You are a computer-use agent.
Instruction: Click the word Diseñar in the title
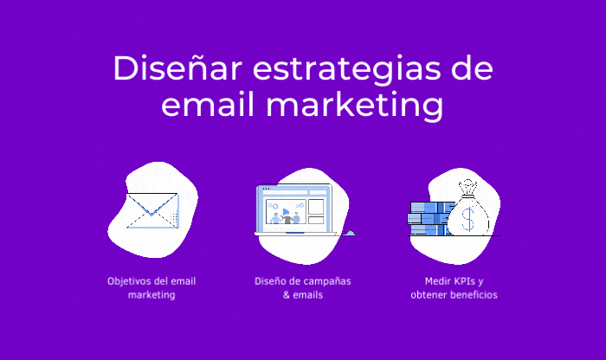(x=164, y=69)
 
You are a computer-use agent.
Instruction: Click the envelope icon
(x=151, y=210)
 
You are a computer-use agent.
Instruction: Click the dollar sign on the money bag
(x=468, y=220)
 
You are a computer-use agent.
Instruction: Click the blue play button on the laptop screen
(x=285, y=210)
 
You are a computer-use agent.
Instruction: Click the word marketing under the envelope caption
(x=151, y=295)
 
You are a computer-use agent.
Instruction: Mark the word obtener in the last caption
(x=427, y=295)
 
